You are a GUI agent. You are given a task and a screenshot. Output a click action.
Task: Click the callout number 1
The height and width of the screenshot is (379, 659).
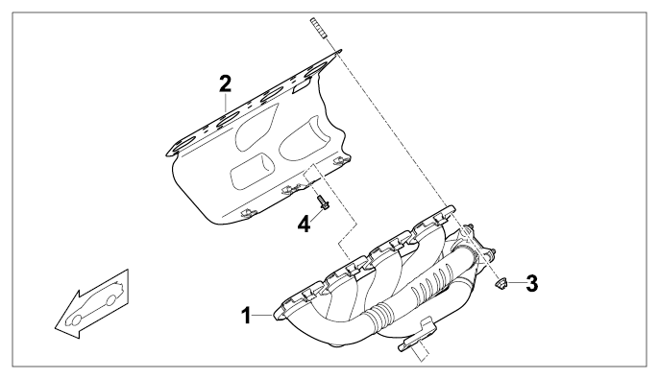click(x=247, y=316)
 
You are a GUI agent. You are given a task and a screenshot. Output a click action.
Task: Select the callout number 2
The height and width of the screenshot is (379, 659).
click(x=225, y=83)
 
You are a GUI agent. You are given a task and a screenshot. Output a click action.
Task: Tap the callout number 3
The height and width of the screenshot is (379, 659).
click(x=531, y=283)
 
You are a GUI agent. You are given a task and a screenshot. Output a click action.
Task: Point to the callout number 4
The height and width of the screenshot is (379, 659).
click(x=304, y=224)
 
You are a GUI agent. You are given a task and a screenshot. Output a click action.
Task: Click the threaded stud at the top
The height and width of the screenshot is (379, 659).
click(x=319, y=29)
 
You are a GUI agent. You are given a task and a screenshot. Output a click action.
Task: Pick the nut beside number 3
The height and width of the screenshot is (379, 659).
click(x=500, y=283)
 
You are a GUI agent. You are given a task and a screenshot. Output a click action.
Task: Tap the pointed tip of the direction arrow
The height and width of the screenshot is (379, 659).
click(x=55, y=327)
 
